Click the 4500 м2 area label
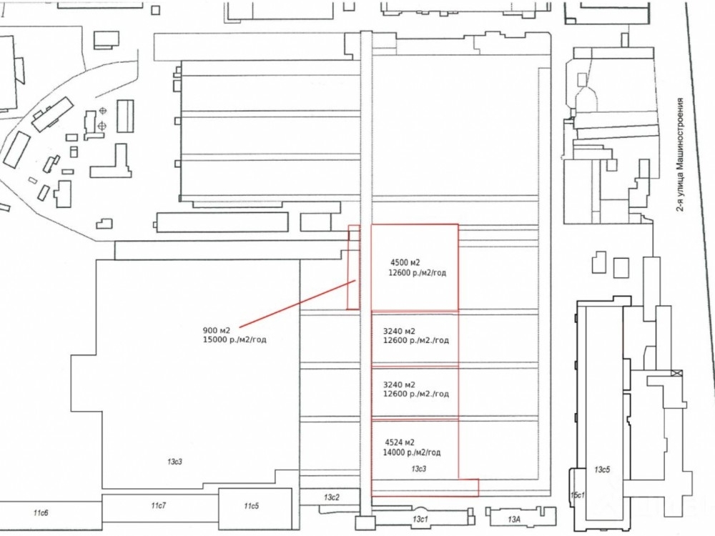405,262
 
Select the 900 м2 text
216,330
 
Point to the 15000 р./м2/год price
235,340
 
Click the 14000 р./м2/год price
413,452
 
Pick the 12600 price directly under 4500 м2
418,272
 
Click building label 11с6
41,513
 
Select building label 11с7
158,505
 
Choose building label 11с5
250,506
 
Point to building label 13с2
330,497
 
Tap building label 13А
513,518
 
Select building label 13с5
602,470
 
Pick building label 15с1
577,495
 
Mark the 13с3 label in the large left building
175,462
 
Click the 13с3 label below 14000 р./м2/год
419,468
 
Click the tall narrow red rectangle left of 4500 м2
352,268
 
